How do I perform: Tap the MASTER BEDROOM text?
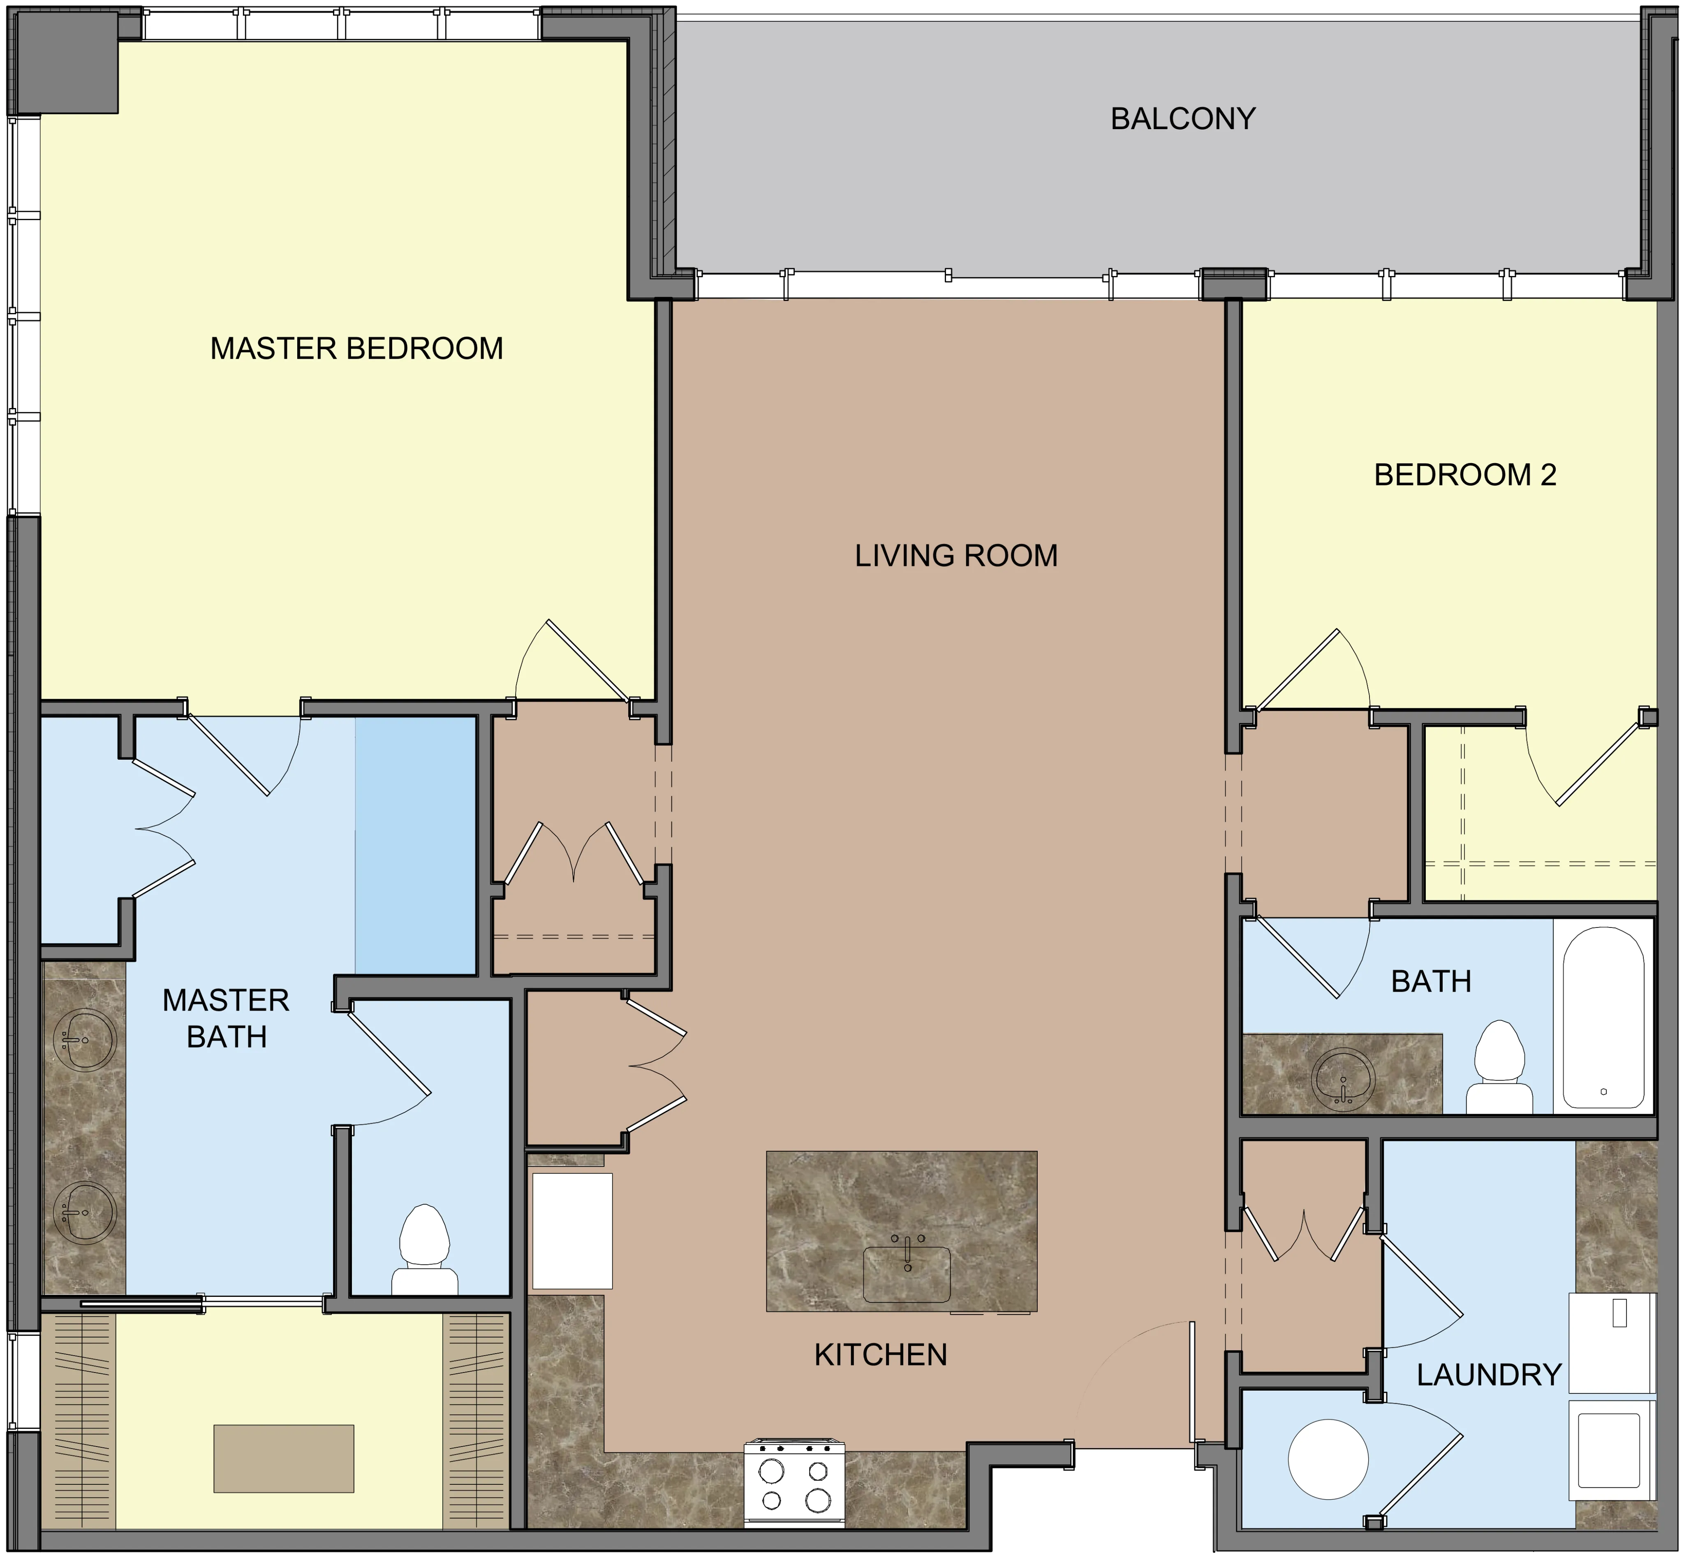pos(356,348)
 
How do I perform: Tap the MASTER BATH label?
pos(226,1018)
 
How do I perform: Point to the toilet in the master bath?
pos(425,1250)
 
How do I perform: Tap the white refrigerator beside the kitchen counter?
pos(572,1231)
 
